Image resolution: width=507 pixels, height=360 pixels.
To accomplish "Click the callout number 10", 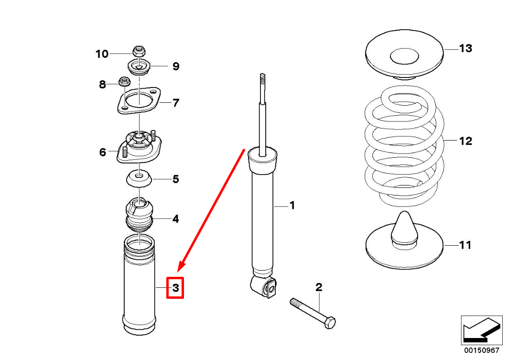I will (x=102, y=54).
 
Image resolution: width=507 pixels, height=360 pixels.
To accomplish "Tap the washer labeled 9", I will (x=139, y=66).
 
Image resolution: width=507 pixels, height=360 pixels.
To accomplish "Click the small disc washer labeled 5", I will (x=139, y=180).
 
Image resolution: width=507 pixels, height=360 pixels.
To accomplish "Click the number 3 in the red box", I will (x=175, y=288).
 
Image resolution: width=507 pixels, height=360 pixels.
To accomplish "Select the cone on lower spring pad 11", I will (x=404, y=227).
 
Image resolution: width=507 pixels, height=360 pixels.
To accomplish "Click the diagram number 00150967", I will (x=482, y=350).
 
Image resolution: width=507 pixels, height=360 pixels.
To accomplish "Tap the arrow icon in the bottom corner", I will (x=481, y=329).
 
